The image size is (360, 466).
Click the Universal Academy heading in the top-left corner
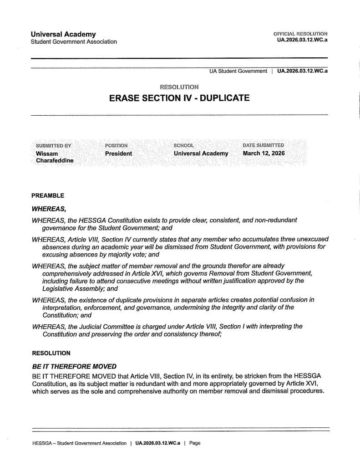pyautogui.click(x=63, y=34)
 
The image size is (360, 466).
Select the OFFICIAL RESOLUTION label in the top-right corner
pyautogui.click(x=300, y=34)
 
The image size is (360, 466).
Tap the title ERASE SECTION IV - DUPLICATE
pyautogui.click(x=179, y=98)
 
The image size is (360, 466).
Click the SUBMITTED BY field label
pyautogui.click(x=54, y=145)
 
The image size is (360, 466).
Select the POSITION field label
pyautogui.click(x=116, y=145)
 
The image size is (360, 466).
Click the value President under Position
pyautogui.click(x=118, y=154)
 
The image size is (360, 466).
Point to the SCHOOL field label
pyautogui.click(x=184, y=145)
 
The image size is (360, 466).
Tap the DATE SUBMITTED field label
pyautogui.click(x=264, y=145)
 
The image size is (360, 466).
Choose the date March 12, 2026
pyautogui.click(x=264, y=153)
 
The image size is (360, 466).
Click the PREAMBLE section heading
pyautogui.click(x=48, y=196)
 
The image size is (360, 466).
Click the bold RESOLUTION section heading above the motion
pyautogui.click(x=51, y=353)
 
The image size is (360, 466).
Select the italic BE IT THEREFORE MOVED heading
pyautogui.click(x=74, y=366)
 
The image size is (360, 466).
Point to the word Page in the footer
pyautogui.click(x=194, y=443)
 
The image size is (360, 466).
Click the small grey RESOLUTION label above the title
pyautogui.click(x=179, y=87)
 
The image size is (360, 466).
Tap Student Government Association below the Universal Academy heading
pyautogui.click(x=74, y=42)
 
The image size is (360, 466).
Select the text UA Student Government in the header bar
pyautogui.click(x=238, y=71)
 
